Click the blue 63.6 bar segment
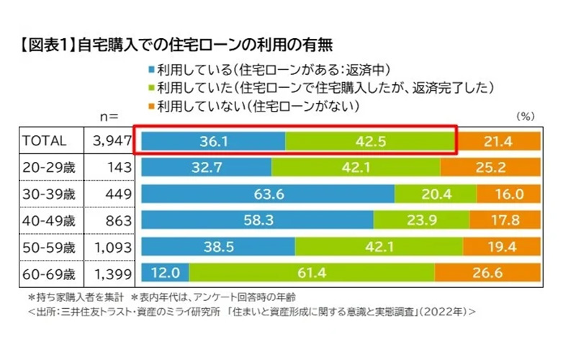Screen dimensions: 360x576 [x=268, y=194]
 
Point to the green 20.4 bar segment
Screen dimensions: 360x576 [x=436, y=194]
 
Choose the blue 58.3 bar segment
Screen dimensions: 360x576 [x=257, y=221]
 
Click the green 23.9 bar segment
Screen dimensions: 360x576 [x=418, y=221]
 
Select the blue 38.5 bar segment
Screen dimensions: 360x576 [x=215, y=247]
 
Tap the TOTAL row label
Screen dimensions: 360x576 [x=45, y=142]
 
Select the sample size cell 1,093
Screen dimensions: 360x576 [x=109, y=247]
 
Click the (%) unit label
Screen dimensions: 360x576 [x=527, y=115]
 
